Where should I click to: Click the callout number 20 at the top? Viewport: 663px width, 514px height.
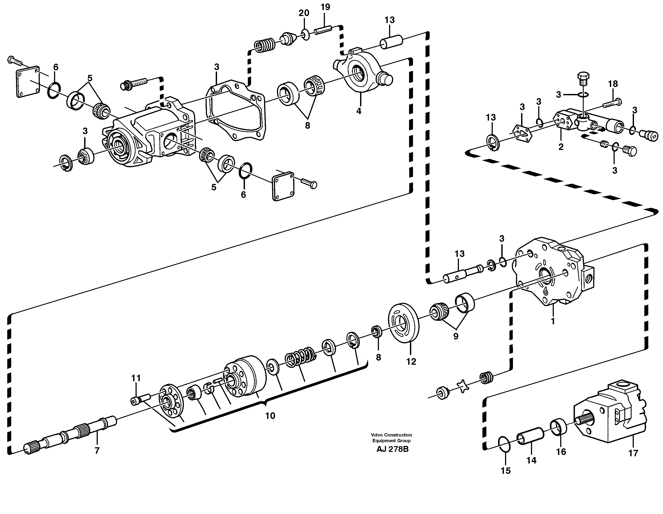click(304, 13)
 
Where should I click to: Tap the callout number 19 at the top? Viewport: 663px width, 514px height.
click(325, 7)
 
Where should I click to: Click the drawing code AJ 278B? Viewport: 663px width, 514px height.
click(392, 449)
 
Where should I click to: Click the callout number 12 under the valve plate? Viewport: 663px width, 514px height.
click(411, 361)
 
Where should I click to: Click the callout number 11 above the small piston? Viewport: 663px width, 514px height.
click(136, 378)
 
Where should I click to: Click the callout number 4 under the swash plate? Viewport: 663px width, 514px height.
click(359, 111)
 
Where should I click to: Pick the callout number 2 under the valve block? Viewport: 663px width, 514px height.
click(561, 147)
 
